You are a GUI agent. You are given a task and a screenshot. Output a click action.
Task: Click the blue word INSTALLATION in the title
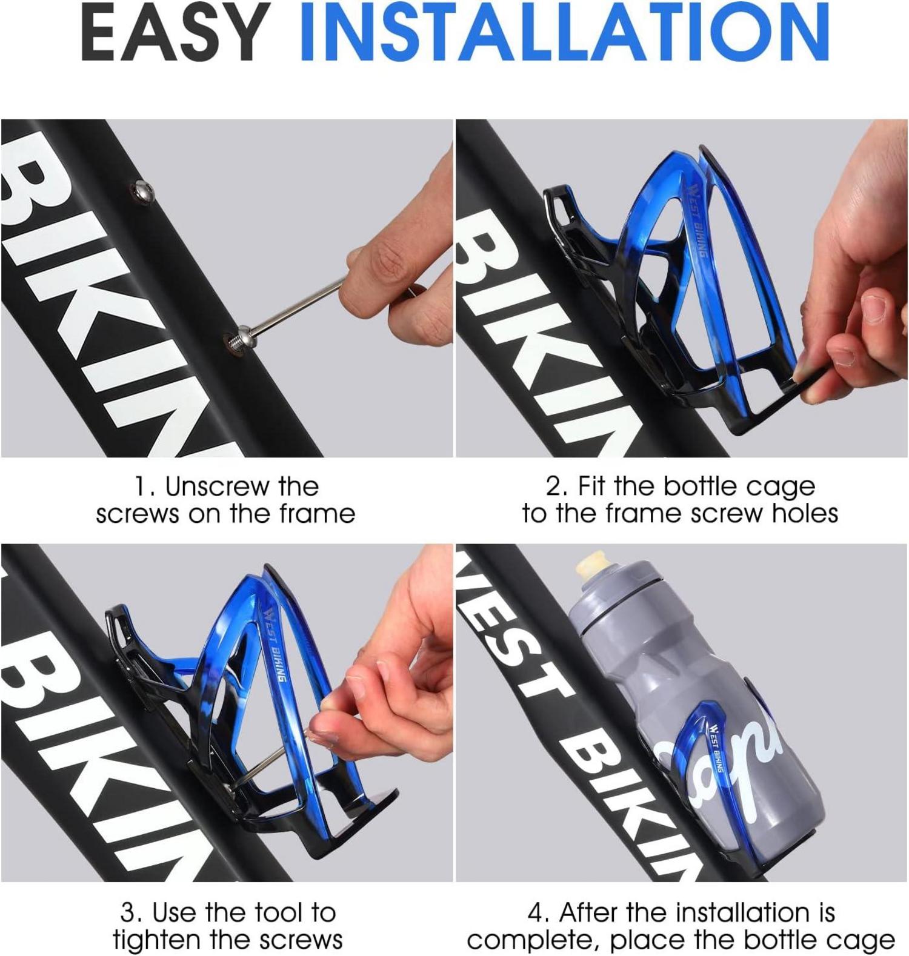pos(565,32)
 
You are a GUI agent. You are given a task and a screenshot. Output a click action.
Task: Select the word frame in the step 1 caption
pos(318,514)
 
